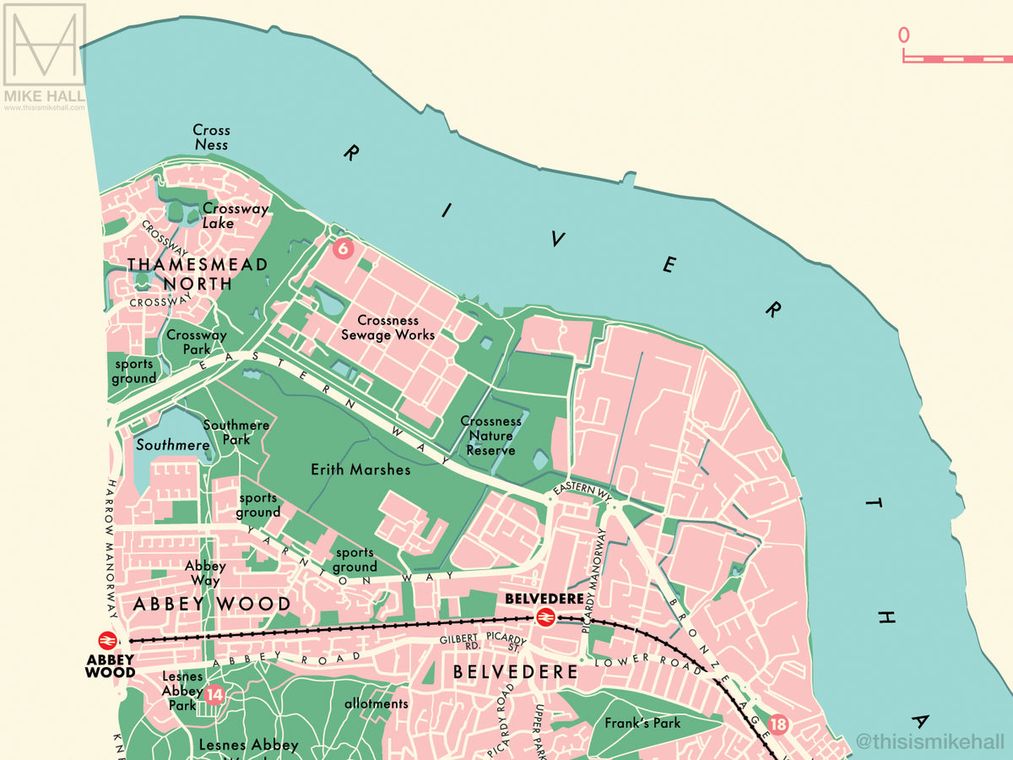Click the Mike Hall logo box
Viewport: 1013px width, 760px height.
(45, 46)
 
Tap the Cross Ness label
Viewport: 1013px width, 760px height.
(211, 138)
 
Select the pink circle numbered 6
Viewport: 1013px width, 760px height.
(342, 248)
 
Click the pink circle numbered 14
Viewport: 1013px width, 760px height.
(214, 695)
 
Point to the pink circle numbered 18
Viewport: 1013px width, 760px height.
(778, 724)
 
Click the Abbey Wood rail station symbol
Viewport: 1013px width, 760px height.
(107, 641)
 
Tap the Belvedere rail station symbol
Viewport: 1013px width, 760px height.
(544, 618)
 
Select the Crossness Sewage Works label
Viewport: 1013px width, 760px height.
(387, 328)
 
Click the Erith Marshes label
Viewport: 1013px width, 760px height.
(360, 470)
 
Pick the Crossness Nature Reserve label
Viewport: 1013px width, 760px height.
(490, 436)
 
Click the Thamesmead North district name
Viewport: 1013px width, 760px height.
(198, 274)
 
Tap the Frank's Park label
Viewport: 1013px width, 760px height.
(642, 723)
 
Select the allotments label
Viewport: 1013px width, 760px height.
(376, 703)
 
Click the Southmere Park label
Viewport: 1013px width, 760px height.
(236, 432)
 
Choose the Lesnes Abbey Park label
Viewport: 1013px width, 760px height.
(182, 691)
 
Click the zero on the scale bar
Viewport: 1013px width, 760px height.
(904, 35)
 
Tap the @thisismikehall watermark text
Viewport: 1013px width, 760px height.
(929, 742)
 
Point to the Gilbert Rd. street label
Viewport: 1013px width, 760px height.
(460, 643)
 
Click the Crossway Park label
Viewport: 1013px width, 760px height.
(197, 342)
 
